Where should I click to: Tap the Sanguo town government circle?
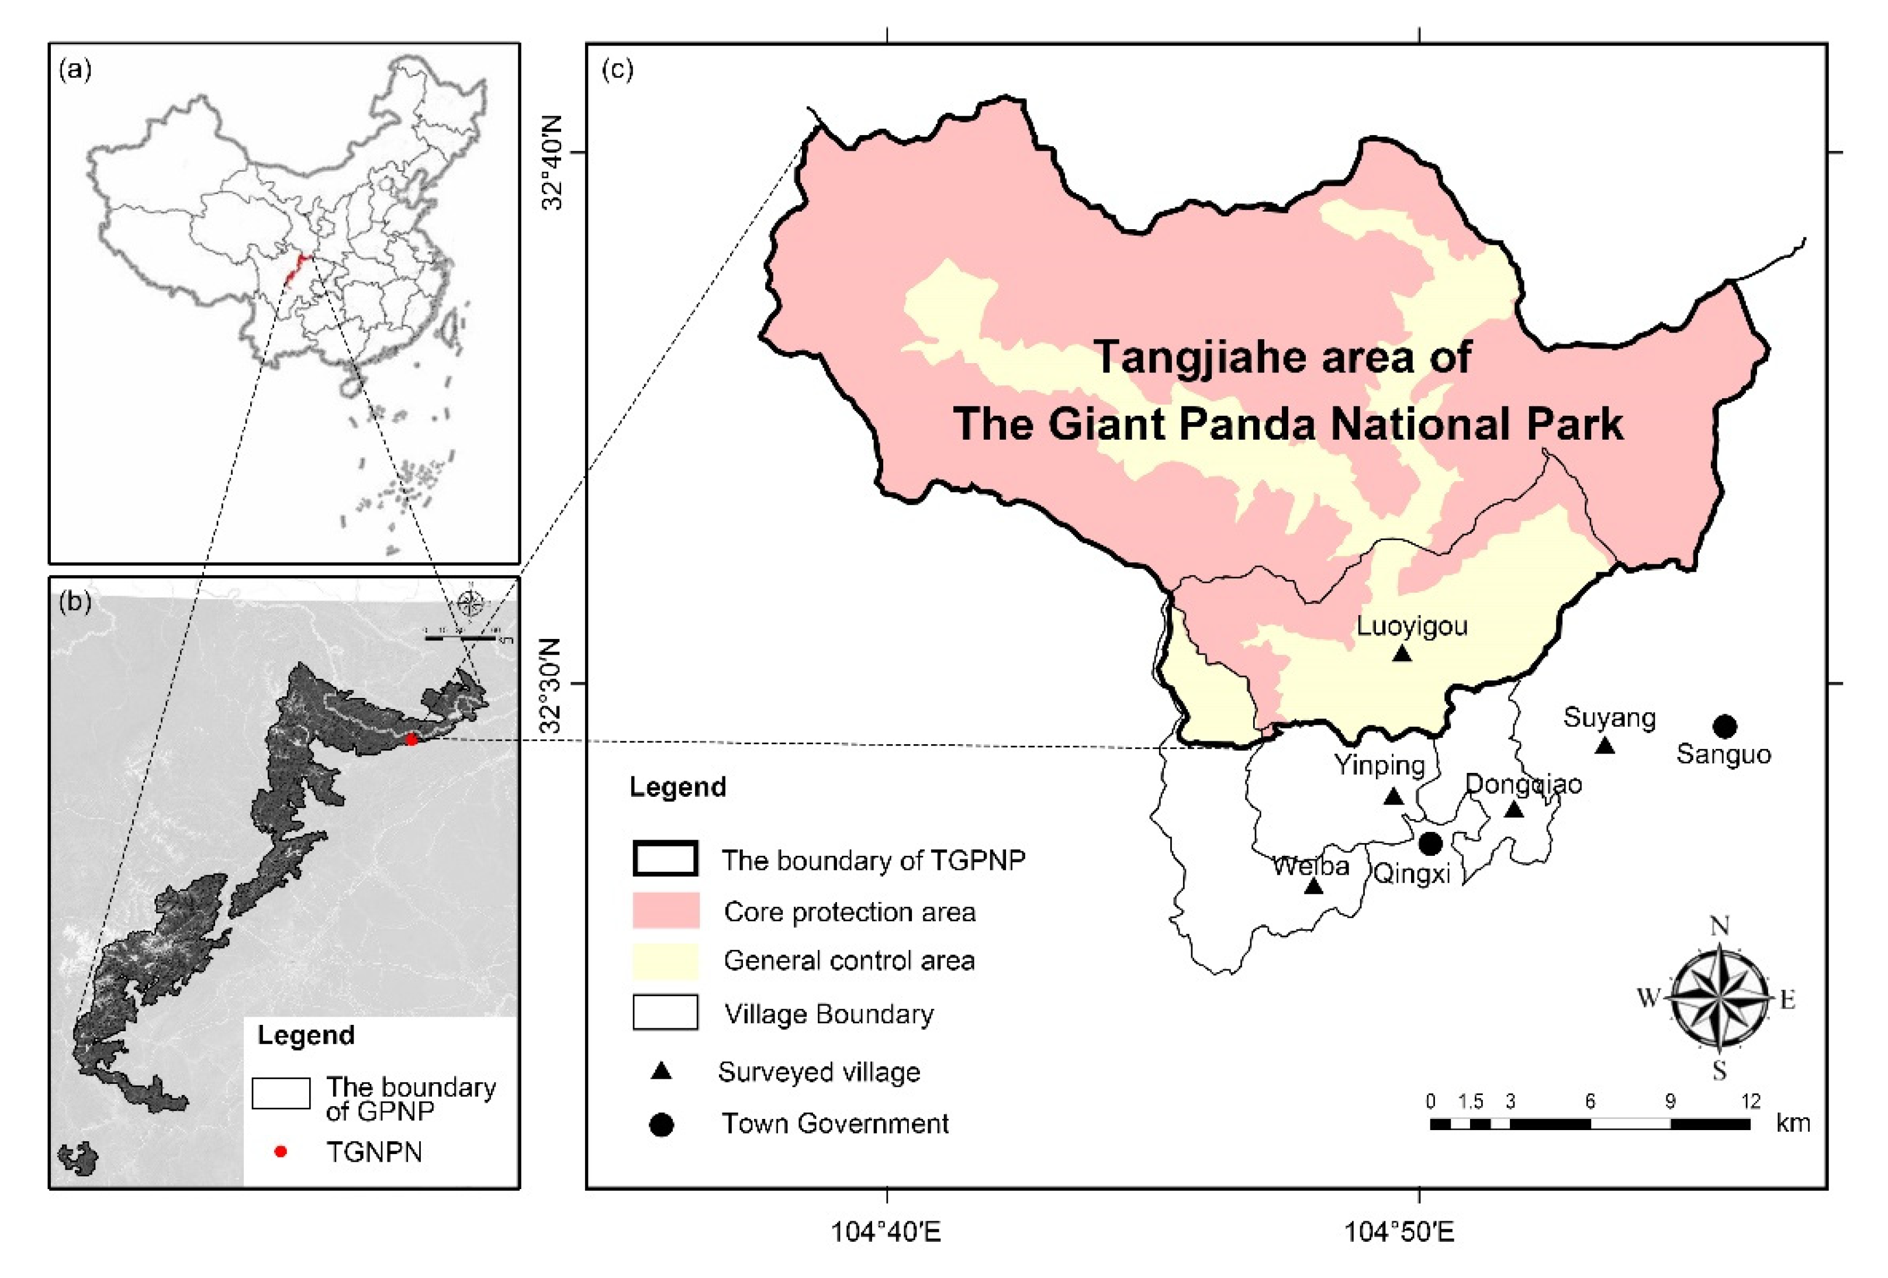click(1726, 726)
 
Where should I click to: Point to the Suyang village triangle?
click(1604, 745)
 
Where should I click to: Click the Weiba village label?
click(1311, 866)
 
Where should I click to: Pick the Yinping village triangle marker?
click(1394, 797)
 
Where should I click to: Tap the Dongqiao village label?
click(1523, 784)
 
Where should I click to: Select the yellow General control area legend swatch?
click(665, 961)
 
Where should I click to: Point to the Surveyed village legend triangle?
click(662, 1072)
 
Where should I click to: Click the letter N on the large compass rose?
click(1719, 925)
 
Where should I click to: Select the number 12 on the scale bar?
click(1751, 1101)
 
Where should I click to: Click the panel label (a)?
click(75, 70)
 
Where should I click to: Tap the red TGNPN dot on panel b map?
click(412, 740)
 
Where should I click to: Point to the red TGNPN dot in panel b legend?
click(280, 1151)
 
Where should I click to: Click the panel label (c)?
click(617, 70)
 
